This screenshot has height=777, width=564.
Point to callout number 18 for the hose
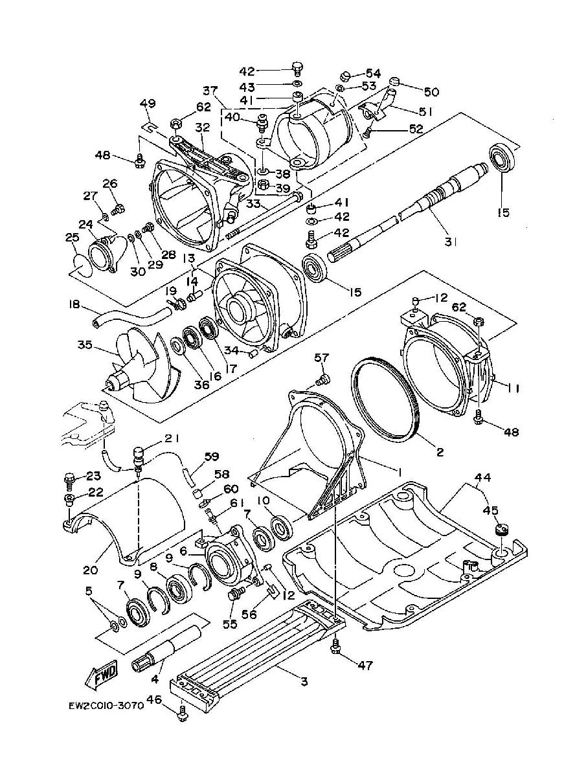(x=73, y=304)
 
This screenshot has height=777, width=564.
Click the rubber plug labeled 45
(x=500, y=531)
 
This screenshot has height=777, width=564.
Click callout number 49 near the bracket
(x=148, y=104)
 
